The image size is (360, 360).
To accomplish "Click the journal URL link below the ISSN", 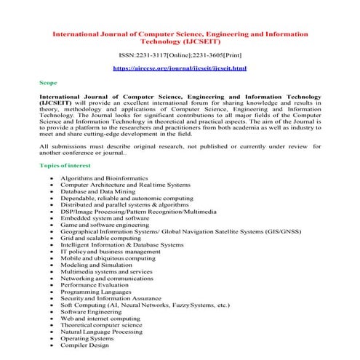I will (x=180, y=68).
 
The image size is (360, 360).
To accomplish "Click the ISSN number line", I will (x=180, y=55).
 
